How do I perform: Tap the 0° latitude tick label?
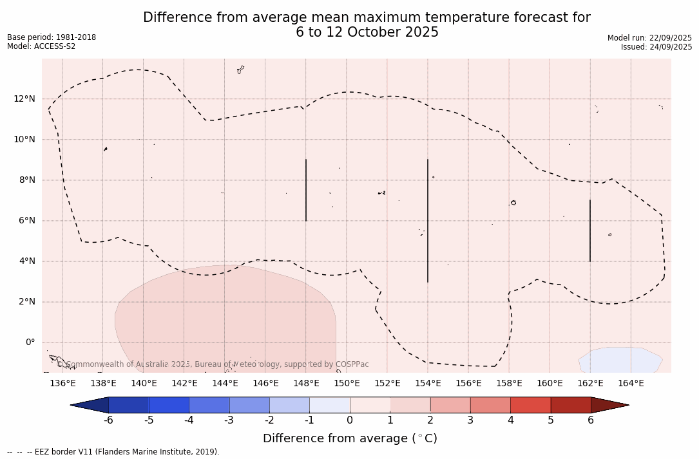[x=29, y=342]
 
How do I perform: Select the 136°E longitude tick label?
[x=62, y=384]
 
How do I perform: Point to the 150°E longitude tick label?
[x=347, y=384]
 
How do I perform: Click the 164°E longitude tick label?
[x=631, y=384]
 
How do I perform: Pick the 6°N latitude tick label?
[x=28, y=221]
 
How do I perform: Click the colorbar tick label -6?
[x=108, y=420]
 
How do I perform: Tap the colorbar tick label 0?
[x=350, y=420]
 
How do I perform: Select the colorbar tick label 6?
[x=591, y=420]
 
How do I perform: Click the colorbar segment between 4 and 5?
[x=530, y=405]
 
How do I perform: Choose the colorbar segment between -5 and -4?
[x=169, y=405]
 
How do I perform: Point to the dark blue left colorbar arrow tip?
[x=73, y=405]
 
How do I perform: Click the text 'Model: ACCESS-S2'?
[x=41, y=46]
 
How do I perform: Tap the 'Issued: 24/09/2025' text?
[x=656, y=47]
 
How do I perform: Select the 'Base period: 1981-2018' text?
[x=52, y=37]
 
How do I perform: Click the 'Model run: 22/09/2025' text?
[x=649, y=38]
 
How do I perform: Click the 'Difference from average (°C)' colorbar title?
[x=350, y=438]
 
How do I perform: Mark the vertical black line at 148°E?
[x=306, y=190]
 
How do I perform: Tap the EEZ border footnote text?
[x=113, y=452]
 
